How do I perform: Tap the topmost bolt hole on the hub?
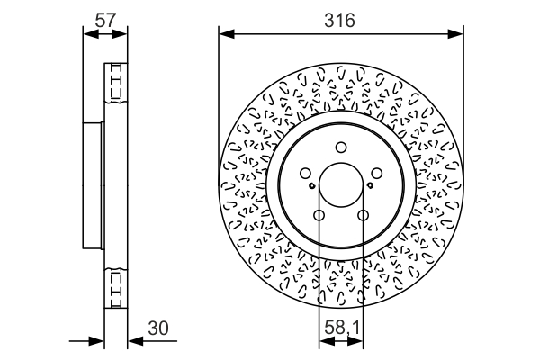pos(341,148)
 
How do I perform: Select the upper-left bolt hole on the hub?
pos(306,174)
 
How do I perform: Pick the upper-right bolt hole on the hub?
pos(376,174)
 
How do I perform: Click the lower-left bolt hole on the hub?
pos(319,215)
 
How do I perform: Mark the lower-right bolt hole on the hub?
pos(363,215)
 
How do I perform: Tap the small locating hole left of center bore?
pos(311,186)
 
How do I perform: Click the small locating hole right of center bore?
pos(370,186)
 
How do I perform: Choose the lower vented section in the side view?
pos(115,288)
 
